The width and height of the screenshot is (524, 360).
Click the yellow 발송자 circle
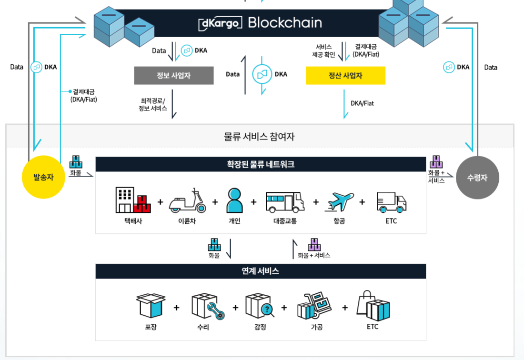click(x=43, y=177)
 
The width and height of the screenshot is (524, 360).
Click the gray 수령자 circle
click(x=477, y=177)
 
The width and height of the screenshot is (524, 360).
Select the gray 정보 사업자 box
click(x=173, y=75)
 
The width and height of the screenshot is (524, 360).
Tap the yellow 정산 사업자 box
click(x=345, y=75)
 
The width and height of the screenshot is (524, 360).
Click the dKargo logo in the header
click(x=220, y=22)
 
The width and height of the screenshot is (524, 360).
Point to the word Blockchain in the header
click(x=285, y=22)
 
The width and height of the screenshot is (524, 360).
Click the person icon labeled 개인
click(x=234, y=200)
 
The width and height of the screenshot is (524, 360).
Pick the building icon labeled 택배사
click(x=132, y=200)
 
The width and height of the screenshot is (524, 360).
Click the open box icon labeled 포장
click(x=151, y=305)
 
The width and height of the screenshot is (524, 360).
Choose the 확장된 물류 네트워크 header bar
click(x=260, y=164)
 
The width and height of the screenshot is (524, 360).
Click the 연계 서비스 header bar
click(x=260, y=271)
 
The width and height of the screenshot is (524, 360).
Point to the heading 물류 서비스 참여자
click(x=260, y=136)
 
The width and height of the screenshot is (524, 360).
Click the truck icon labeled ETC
click(x=391, y=202)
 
